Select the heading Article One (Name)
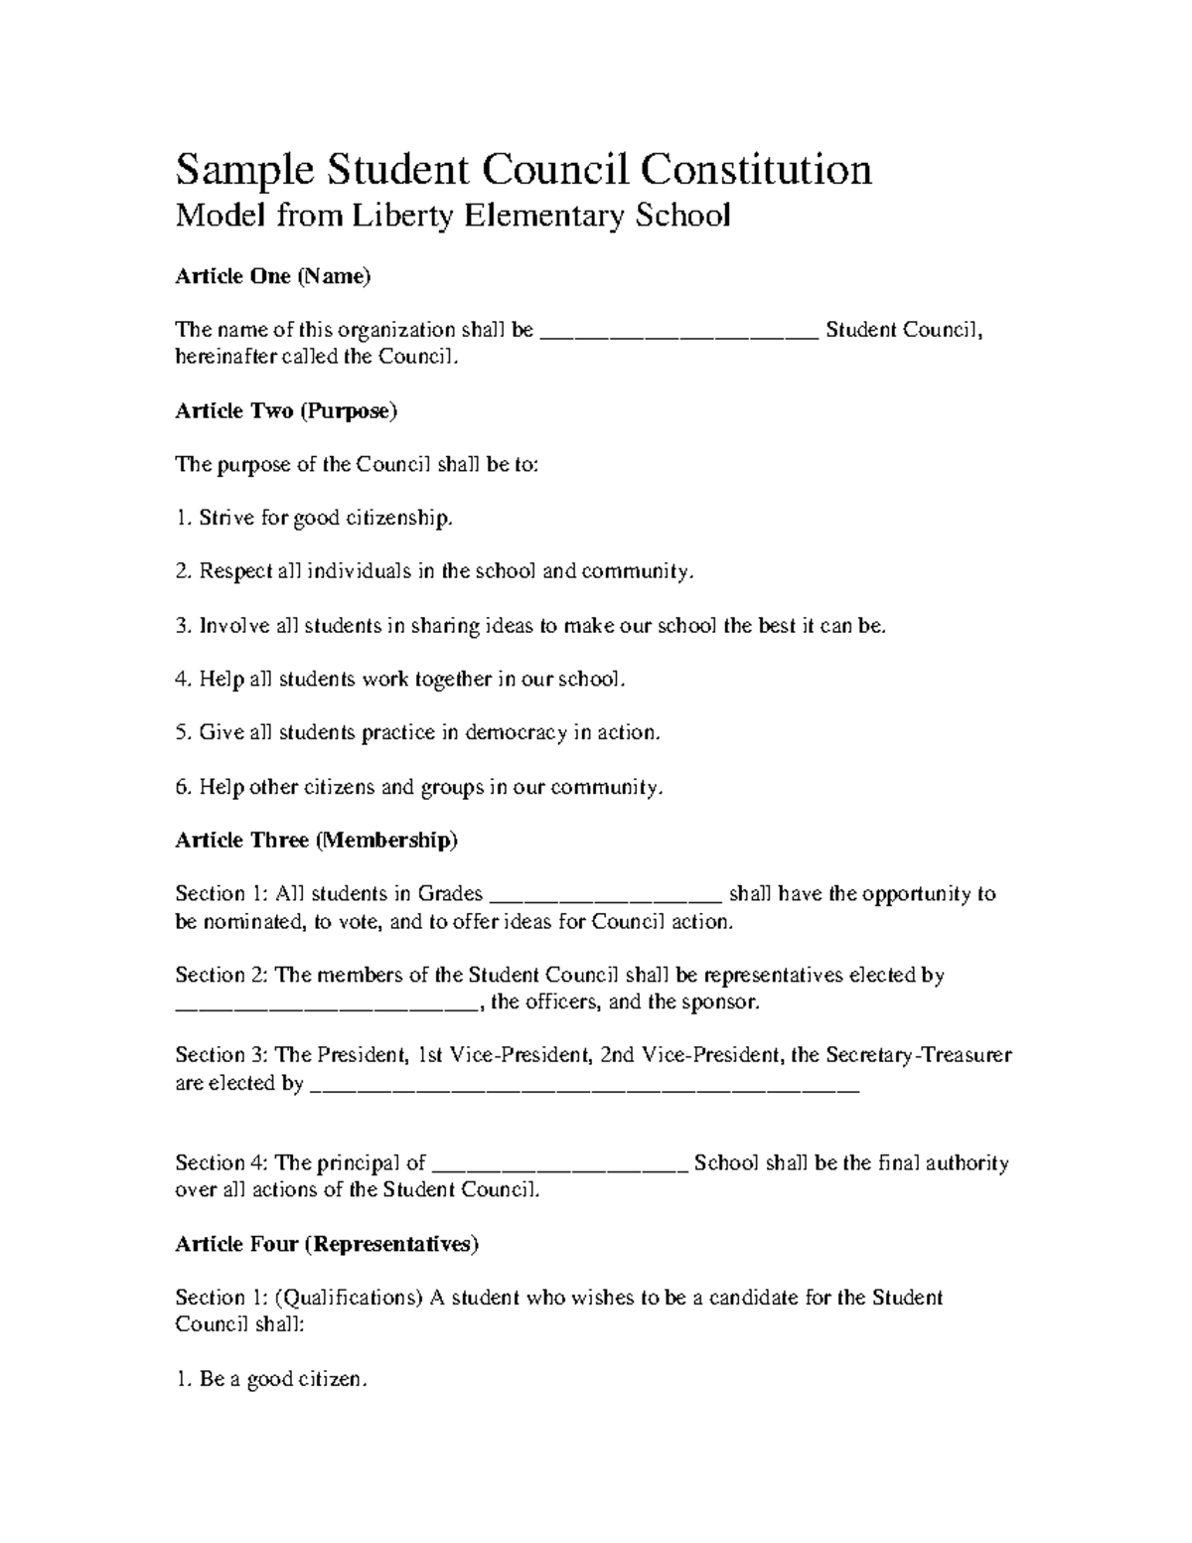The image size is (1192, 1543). pos(272,276)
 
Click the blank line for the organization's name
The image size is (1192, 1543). pos(679,332)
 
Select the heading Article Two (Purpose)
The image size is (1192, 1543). pos(286,410)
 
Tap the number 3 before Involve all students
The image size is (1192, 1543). pos(181,626)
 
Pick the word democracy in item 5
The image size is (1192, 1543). pos(516,733)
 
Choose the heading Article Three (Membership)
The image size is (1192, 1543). pos(316,841)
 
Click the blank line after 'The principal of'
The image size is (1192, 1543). pos(561,1165)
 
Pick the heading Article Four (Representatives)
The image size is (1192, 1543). pos(327,1244)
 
